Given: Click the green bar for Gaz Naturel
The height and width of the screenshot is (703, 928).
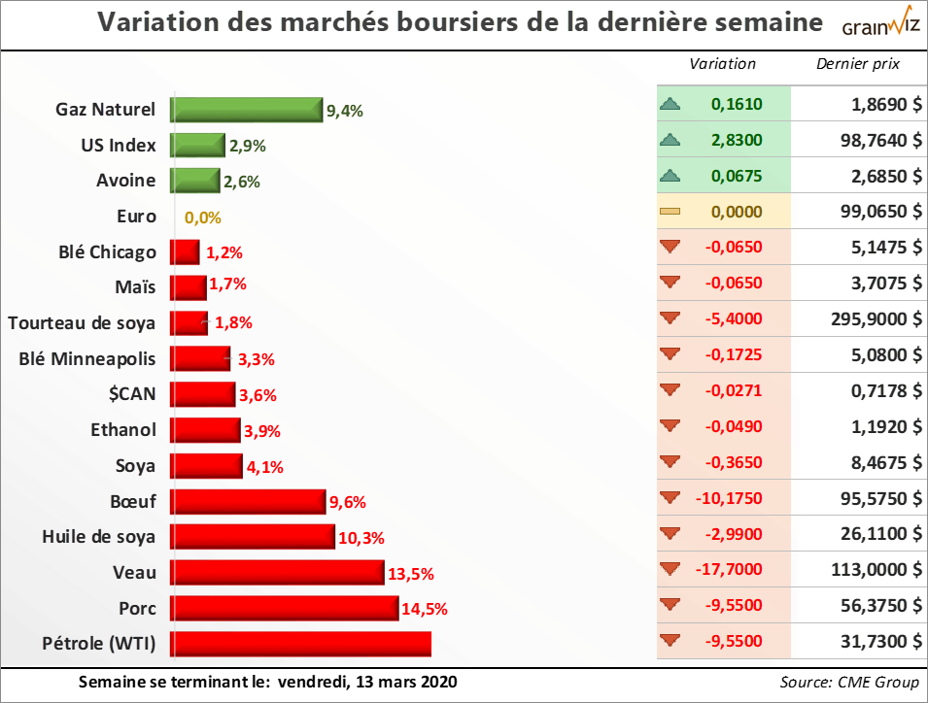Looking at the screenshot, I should [246, 110].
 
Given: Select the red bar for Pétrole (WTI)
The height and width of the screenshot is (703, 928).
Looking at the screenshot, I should [300, 644].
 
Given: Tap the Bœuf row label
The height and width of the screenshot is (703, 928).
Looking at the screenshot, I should [133, 501].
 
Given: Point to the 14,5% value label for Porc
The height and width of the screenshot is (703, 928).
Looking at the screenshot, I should [424, 610].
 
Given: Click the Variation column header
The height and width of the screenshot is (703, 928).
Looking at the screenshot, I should [722, 64].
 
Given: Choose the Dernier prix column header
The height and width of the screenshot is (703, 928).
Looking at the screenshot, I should [858, 64].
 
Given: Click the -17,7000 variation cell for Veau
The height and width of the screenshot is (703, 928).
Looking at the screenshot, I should [732, 569].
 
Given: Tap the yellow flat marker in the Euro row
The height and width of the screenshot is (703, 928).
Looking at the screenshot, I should [669, 211].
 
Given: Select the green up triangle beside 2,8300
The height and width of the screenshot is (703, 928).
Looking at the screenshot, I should [669, 140].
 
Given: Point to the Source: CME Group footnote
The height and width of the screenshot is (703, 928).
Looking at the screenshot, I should [849, 683].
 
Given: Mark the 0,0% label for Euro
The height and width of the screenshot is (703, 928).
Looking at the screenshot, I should [203, 218].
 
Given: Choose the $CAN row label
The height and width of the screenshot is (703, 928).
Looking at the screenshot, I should [133, 393].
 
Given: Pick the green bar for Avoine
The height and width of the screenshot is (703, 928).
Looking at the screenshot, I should [195, 181].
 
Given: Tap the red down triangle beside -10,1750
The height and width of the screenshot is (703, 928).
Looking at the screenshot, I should [669, 497].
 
